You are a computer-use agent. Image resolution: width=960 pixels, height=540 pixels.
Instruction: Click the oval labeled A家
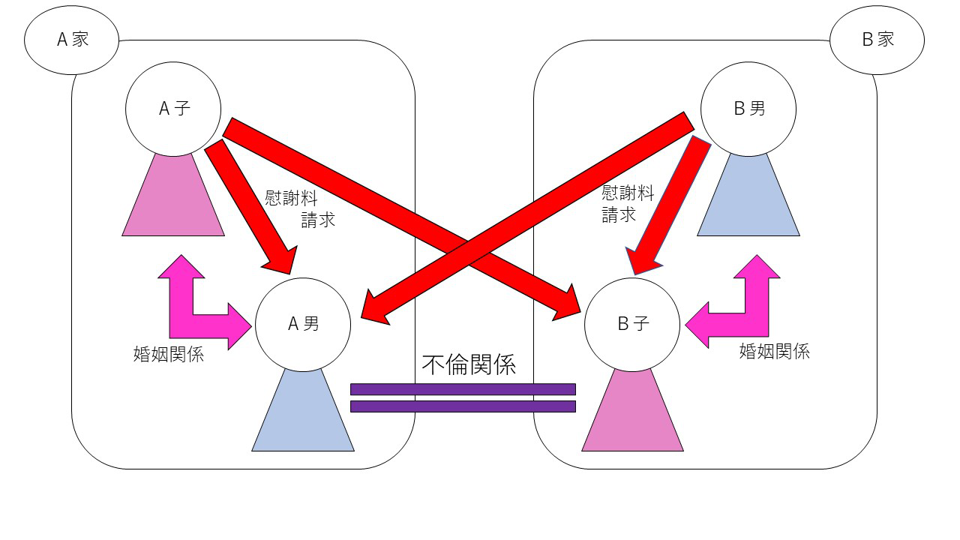(72, 40)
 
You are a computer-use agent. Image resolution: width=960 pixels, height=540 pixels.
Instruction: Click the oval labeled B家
(877, 40)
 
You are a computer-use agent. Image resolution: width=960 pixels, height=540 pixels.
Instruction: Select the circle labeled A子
(173, 109)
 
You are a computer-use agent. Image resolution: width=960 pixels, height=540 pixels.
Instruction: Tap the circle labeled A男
(303, 324)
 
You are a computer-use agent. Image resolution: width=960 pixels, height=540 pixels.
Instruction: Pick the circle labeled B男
(748, 109)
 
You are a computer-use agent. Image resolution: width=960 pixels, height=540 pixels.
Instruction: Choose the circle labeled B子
(632, 324)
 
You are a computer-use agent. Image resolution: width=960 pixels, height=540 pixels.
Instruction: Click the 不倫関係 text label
(469, 364)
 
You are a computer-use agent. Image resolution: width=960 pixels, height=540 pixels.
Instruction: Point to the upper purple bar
(463, 389)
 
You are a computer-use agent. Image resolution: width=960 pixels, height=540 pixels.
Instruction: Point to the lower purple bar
(463, 406)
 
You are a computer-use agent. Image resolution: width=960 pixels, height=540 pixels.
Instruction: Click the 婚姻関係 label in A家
(168, 355)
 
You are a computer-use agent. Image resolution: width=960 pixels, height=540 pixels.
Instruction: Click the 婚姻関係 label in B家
(774, 351)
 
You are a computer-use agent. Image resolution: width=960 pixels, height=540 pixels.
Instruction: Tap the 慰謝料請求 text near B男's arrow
(628, 204)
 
